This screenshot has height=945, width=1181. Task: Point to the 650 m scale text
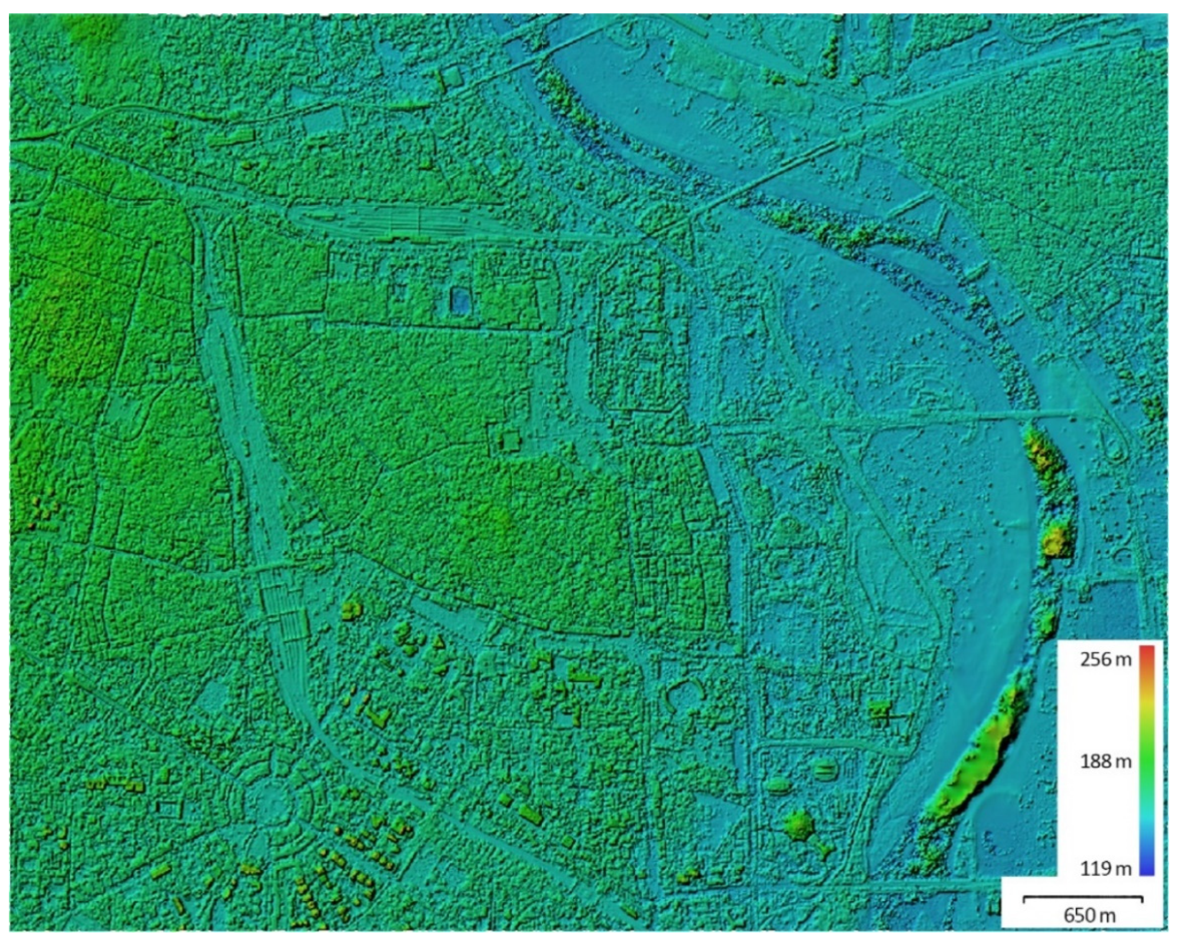point(1089,930)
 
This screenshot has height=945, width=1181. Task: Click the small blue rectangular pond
point(460,301)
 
